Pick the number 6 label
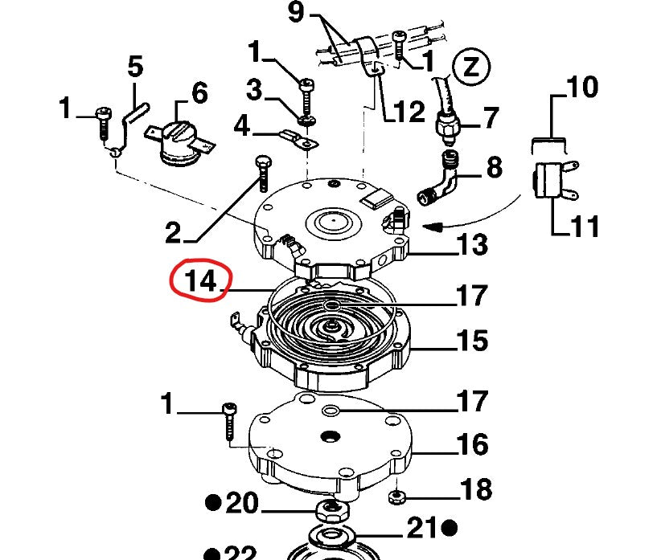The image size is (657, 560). click(x=198, y=92)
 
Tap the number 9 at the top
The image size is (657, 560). click(x=295, y=14)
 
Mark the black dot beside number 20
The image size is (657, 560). click(x=213, y=504)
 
